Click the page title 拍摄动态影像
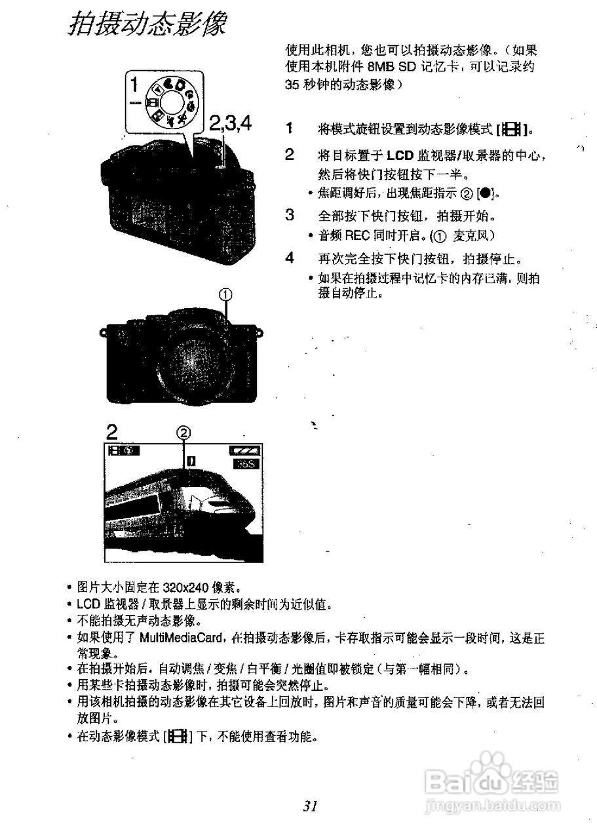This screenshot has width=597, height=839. click(147, 25)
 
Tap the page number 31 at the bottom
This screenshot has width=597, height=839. click(311, 806)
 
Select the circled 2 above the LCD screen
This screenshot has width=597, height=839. click(184, 433)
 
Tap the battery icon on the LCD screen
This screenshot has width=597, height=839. click(244, 451)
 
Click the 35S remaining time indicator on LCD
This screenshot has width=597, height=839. click(246, 463)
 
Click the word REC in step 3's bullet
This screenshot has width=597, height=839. click(358, 235)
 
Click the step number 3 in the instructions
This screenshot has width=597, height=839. click(289, 214)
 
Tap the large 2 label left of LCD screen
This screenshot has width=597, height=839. click(113, 433)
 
